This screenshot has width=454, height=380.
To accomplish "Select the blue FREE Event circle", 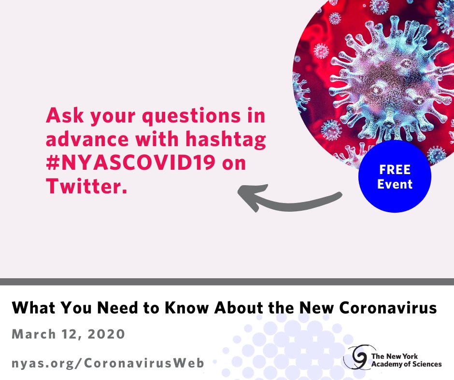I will click(x=395, y=177).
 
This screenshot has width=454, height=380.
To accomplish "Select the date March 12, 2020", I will click(x=68, y=334).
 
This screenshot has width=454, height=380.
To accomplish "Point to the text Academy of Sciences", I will click(x=406, y=365).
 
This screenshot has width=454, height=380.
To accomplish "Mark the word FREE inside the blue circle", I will click(x=395, y=170).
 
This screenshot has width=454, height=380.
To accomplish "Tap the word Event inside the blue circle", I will click(x=395, y=184).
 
